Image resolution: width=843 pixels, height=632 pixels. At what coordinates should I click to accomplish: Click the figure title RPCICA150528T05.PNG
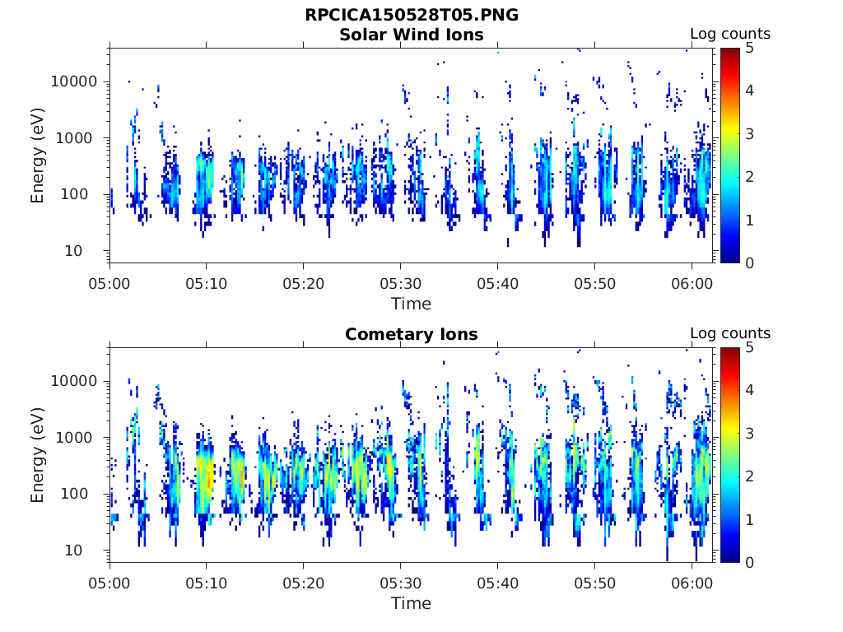(x=411, y=15)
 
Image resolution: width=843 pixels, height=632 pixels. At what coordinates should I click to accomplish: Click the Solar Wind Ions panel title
(x=411, y=35)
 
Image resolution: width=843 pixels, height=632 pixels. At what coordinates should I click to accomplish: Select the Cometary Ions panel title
(x=411, y=334)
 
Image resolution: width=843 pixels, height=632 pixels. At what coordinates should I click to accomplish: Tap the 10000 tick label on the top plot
(x=75, y=81)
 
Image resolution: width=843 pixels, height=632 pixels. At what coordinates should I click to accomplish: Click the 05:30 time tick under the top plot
(x=400, y=283)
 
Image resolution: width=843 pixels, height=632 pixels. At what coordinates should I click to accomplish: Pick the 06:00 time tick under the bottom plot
(x=692, y=583)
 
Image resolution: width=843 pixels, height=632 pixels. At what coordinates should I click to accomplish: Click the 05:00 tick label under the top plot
(x=110, y=283)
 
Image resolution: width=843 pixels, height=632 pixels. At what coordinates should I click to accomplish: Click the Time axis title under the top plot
(x=411, y=304)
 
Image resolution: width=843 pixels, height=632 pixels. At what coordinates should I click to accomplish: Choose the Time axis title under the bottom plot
(x=411, y=603)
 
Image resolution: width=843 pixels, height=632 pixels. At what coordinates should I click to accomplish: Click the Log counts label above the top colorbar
(x=729, y=34)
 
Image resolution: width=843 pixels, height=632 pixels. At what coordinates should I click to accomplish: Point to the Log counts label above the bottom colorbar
(x=729, y=333)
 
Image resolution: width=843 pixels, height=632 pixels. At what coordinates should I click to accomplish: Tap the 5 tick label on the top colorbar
(x=749, y=48)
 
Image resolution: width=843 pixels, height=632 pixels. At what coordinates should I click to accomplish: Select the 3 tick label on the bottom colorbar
(x=749, y=433)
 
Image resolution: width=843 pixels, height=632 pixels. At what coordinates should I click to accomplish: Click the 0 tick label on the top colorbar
(x=749, y=263)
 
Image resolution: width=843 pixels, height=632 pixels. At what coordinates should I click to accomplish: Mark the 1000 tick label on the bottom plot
(x=79, y=437)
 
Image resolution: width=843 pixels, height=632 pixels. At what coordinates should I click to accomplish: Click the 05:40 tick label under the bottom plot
(x=497, y=583)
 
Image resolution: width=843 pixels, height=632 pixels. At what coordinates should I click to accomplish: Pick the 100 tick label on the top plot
(x=82, y=194)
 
